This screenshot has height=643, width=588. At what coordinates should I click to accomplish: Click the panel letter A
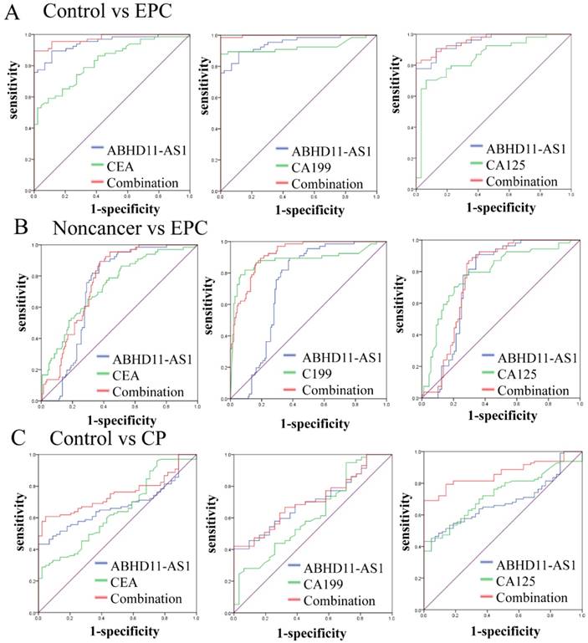pyautogui.click(x=11, y=12)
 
